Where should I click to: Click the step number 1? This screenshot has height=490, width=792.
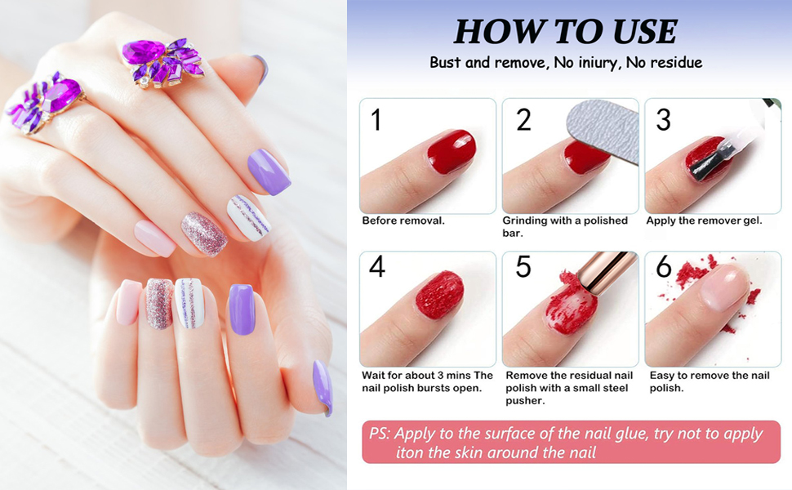click(x=376, y=119)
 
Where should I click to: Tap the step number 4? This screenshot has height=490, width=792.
click(x=376, y=268)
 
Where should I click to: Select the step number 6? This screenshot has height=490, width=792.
click(x=664, y=268)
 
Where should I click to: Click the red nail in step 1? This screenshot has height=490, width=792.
click(x=451, y=152)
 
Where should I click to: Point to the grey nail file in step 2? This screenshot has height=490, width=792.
click(x=604, y=122)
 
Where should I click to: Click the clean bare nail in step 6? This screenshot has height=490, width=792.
click(x=724, y=286)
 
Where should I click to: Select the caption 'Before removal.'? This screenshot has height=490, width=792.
click(x=403, y=220)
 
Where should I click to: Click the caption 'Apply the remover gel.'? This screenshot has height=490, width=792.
click(x=704, y=220)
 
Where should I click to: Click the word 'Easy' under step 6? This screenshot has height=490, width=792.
click(x=662, y=376)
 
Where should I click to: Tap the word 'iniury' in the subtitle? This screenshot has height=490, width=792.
click(x=595, y=63)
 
